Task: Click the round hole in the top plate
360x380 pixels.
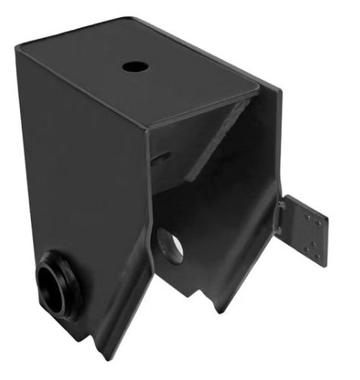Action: (136, 67)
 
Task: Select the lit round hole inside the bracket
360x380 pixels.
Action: (171, 246)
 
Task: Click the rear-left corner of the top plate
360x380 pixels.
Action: (20, 48)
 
